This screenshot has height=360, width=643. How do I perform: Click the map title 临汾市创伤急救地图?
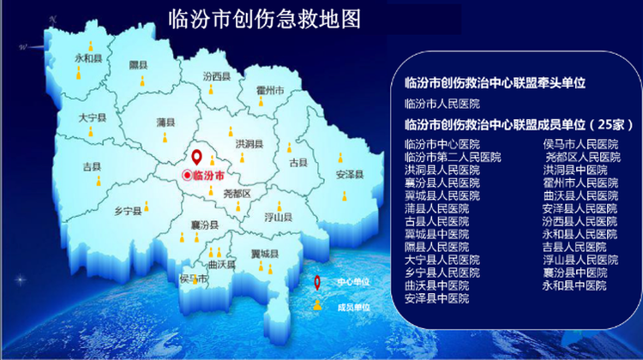pos(265,19)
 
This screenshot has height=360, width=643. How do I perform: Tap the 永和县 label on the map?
pos(88,58)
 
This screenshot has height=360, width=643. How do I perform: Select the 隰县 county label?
pos(138,65)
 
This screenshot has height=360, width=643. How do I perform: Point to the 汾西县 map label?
pos(217,76)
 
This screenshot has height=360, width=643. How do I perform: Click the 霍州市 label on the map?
pos(270,90)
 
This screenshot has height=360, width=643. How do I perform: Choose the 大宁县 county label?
pos(93,118)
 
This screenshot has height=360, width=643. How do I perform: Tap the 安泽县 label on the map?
pos(350,175)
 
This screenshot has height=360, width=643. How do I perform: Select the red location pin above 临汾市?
pos(197,158)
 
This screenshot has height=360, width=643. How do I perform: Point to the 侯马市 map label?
pos(193,279)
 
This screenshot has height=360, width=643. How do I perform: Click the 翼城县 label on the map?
pos(265,255)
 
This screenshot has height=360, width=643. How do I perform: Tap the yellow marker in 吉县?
pos(99,181)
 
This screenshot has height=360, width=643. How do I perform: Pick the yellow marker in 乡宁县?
pos(147,206)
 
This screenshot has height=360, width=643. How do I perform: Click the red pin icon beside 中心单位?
pos(317,283)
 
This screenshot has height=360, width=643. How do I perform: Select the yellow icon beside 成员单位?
pos(317,305)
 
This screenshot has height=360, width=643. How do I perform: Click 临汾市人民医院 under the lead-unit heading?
pos(442,104)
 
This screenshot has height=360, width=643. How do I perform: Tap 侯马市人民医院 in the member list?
pos(580,144)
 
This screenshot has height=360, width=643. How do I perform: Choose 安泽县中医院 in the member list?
pos(436,298)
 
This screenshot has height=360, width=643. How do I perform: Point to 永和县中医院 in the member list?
pos(574,285)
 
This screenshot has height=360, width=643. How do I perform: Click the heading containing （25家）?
pos(520,124)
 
